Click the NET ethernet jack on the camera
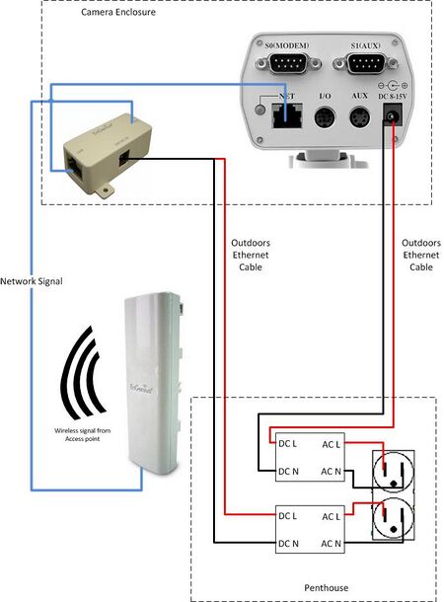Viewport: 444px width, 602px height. coord(287,114)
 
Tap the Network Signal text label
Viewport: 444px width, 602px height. coord(32,281)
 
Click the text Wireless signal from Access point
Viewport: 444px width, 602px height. coord(81,436)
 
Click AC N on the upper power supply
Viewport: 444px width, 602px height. coord(333,472)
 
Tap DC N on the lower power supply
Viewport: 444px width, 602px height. coord(289,541)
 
